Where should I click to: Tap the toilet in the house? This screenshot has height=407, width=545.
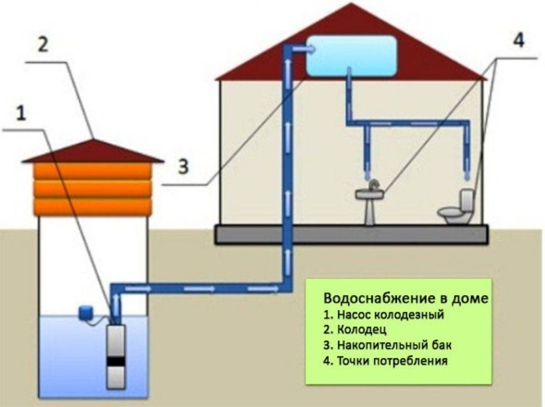458,209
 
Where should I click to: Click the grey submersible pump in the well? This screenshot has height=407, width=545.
116,357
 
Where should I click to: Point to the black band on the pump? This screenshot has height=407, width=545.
116,361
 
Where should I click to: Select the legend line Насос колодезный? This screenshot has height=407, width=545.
389,314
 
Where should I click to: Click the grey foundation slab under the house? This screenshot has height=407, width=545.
351,234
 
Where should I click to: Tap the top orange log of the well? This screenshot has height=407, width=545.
92,171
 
